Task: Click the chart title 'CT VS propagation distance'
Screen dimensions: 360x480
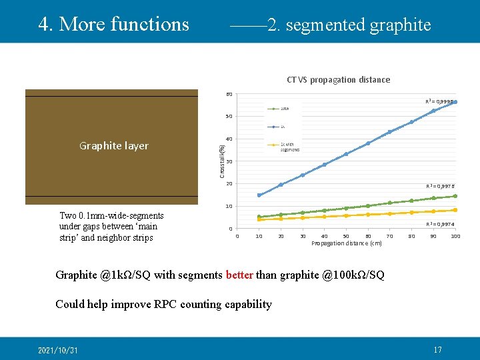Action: (338, 80)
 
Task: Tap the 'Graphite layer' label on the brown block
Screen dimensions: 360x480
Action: (113, 146)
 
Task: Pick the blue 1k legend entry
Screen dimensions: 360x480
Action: (279, 126)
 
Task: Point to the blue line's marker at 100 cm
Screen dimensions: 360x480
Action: (455, 102)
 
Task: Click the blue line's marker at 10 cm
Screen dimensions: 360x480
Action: (259, 195)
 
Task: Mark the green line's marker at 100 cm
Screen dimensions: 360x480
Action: (455, 196)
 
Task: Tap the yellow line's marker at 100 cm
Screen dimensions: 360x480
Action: (455, 210)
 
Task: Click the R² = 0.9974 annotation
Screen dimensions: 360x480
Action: (441, 225)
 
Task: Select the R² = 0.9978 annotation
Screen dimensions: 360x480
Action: (441, 187)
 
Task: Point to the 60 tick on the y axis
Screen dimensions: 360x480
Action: (229, 94)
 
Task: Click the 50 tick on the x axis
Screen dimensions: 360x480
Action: (346, 236)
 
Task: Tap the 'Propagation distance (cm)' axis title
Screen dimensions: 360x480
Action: (346, 244)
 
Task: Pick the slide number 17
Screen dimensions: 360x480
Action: (438, 350)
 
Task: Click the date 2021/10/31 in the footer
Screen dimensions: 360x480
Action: (57, 350)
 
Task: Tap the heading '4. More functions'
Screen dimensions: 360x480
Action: (114, 24)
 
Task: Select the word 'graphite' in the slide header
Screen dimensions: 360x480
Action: (400, 25)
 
